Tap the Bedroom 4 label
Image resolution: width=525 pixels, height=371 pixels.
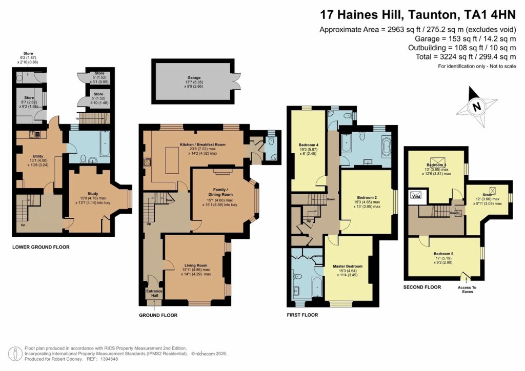pos(309,145)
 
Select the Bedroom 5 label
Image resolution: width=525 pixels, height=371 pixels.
pos(444,254)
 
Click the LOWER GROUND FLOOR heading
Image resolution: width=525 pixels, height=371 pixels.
pos(41,247)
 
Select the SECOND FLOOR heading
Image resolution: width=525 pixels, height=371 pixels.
pos(422,287)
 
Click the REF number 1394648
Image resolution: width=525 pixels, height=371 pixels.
pos(112,359)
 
